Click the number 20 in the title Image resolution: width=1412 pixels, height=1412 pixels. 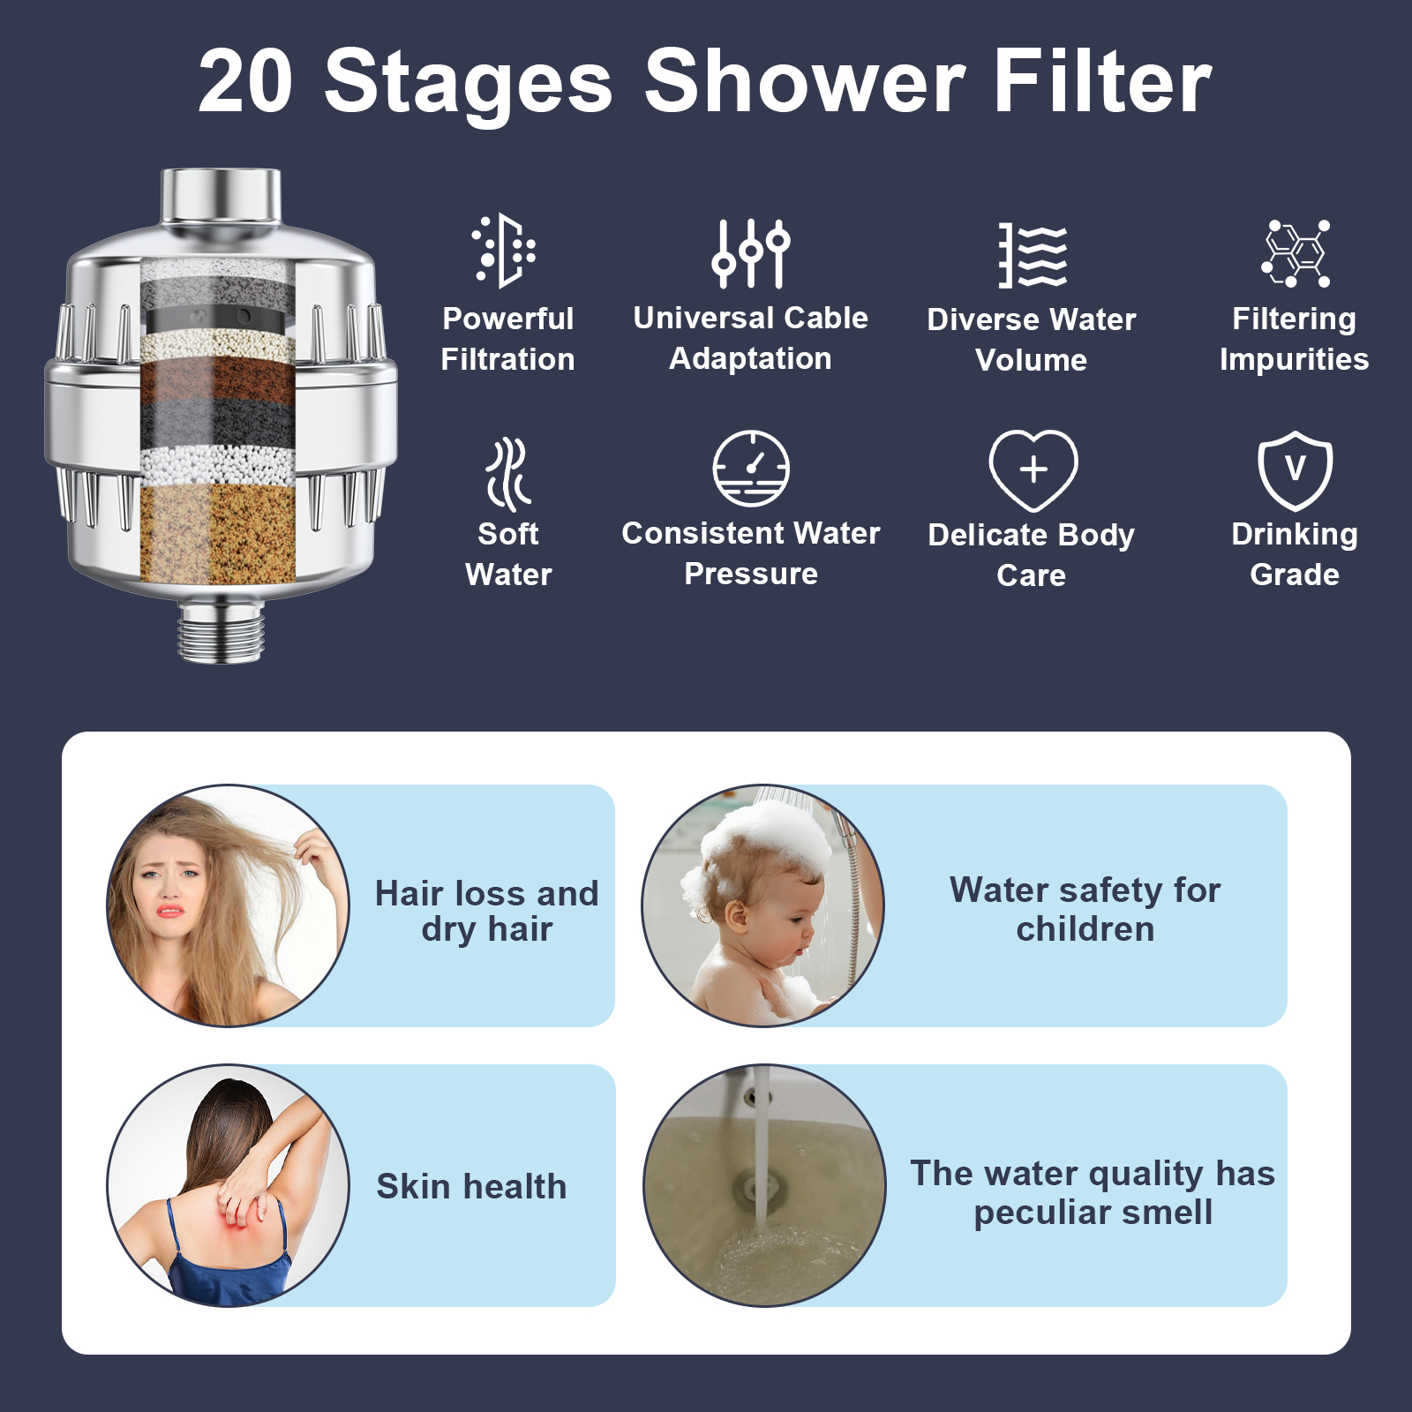point(245,81)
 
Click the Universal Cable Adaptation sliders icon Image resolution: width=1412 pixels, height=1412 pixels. point(751,253)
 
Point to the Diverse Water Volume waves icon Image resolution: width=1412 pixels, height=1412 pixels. point(1033,256)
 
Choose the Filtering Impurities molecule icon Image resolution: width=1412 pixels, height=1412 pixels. point(1295,253)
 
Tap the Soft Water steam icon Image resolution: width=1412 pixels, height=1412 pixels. point(508,475)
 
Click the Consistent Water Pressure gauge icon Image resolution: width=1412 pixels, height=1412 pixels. point(751,469)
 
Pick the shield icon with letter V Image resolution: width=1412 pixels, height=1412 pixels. point(1295,471)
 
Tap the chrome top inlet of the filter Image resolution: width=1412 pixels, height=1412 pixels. point(221,198)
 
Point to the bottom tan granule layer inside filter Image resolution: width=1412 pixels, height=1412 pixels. point(218,533)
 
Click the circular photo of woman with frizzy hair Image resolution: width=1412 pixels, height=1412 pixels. point(228,905)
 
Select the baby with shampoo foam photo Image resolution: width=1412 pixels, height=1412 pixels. point(763,905)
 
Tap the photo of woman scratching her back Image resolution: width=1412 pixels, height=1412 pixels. point(228,1185)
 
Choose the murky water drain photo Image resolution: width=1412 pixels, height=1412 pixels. point(764,1185)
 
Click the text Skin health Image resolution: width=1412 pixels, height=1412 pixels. point(471,1186)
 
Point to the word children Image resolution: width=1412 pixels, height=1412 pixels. point(1085,929)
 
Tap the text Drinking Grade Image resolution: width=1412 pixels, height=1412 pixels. point(1295,554)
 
